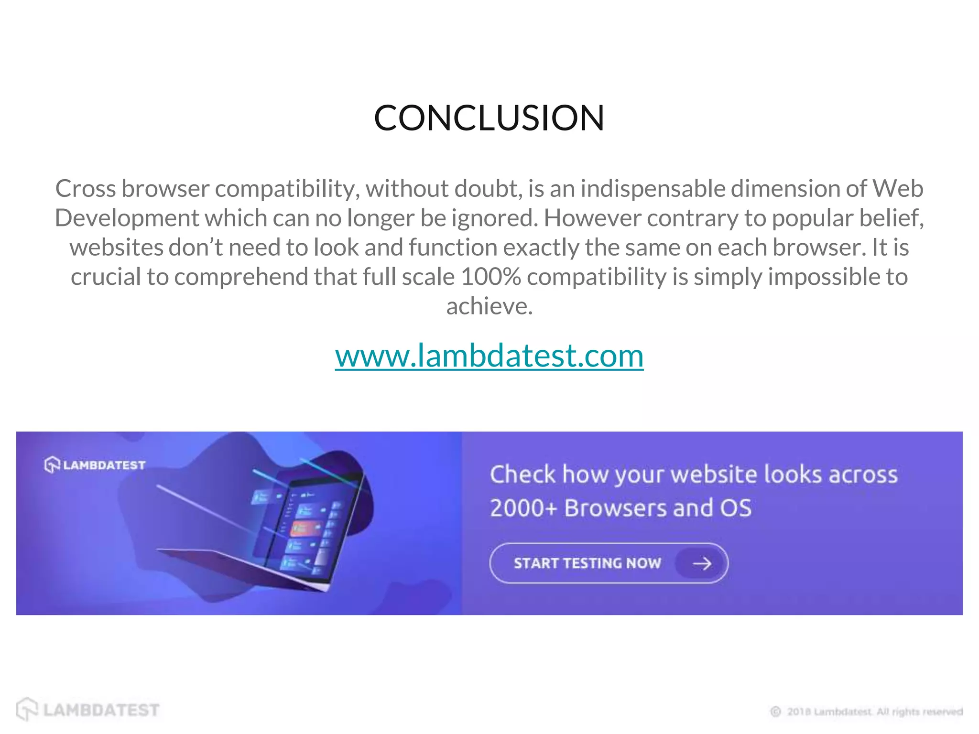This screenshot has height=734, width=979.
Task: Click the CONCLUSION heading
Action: pos(489,118)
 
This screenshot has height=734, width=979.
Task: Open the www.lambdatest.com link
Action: pos(489,356)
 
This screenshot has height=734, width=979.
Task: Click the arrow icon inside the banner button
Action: pos(702,564)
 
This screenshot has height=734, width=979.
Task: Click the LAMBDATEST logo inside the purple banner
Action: pos(95,464)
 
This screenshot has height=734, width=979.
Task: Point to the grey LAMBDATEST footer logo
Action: pos(88,710)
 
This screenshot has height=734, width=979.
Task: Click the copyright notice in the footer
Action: pos(866,712)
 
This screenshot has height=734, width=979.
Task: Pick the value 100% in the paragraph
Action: pos(490,277)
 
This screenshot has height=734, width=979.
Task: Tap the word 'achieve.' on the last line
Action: pos(489,306)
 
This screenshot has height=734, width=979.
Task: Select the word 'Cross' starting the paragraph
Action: pos(86,189)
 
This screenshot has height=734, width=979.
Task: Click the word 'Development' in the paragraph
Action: pos(127,218)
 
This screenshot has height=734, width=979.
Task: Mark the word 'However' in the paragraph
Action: pos(592,218)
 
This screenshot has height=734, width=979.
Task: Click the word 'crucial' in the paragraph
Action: pos(106,277)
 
